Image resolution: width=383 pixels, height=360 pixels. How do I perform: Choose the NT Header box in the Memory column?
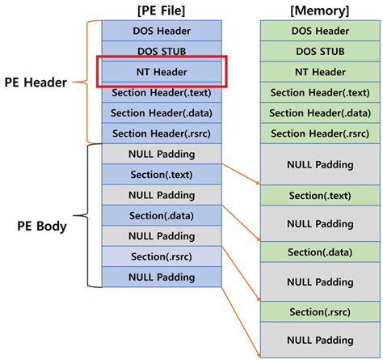320,71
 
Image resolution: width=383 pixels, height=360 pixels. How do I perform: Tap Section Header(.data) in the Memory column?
320,112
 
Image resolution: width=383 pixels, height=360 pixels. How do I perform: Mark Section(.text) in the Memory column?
320,196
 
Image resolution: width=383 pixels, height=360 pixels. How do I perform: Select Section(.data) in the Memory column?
320,252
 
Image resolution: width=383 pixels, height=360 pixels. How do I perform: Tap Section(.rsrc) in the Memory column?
320,311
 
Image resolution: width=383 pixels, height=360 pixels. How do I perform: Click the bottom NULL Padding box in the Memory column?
320,338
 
